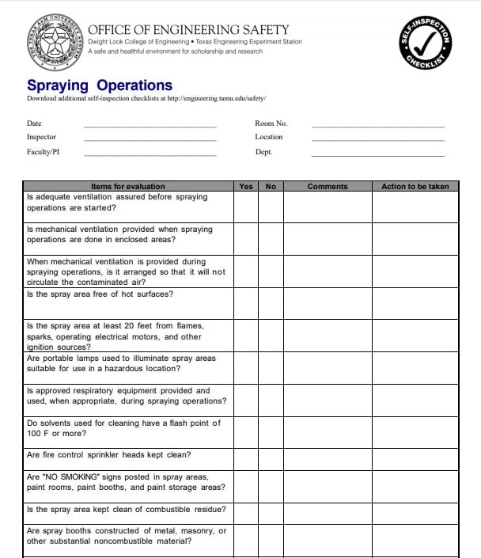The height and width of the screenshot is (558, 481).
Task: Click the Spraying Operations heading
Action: click(100, 85)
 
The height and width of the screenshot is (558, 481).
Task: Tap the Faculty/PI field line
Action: click(150, 154)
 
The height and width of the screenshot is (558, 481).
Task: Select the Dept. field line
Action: click(377, 154)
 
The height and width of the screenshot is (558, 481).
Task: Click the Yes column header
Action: click(246, 187)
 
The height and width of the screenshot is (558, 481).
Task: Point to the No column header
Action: click(271, 187)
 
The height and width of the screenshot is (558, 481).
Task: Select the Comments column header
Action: click(328, 187)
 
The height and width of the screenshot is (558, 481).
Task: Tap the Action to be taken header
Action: click(415, 187)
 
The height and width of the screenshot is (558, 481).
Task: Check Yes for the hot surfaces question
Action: click(246, 303)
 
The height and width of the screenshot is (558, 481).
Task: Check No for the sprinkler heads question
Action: click(271, 458)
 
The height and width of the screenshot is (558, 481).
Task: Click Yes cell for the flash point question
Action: click(246, 431)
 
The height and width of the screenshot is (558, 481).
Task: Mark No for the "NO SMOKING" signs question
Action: click(271, 485)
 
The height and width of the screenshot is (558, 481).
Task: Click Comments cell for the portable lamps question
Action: click(328, 367)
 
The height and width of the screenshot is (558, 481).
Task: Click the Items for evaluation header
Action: click(128, 187)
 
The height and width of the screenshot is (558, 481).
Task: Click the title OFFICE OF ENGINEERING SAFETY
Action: click(188, 30)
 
